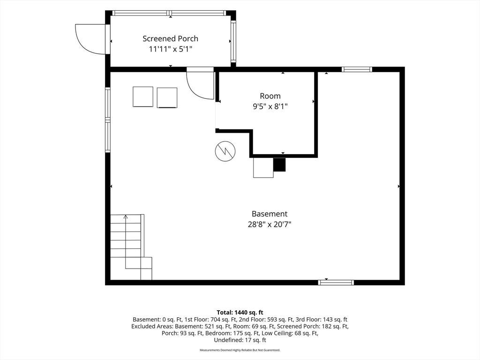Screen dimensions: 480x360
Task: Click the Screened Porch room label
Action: (x=170, y=38)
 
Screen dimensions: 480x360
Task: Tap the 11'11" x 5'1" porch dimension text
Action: (x=170, y=49)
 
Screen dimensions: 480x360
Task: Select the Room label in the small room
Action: (x=270, y=96)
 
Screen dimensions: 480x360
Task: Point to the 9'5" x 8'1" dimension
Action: (x=270, y=106)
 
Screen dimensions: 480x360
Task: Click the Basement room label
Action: (x=270, y=214)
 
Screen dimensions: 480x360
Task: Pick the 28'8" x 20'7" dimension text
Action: (x=270, y=225)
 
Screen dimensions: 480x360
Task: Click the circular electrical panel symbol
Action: (x=225, y=151)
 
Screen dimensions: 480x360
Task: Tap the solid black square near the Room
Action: (x=279, y=165)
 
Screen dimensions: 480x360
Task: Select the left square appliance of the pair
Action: (x=143, y=97)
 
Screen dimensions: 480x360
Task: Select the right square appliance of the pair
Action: (x=167, y=97)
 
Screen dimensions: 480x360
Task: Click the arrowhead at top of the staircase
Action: (x=126, y=217)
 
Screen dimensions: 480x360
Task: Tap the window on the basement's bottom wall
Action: (x=336, y=283)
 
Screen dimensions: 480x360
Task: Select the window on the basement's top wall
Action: (x=357, y=69)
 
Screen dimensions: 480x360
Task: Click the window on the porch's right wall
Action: (x=233, y=41)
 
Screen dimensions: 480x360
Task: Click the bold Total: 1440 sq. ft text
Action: (x=240, y=313)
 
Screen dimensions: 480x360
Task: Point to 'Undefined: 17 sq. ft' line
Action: (x=240, y=340)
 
